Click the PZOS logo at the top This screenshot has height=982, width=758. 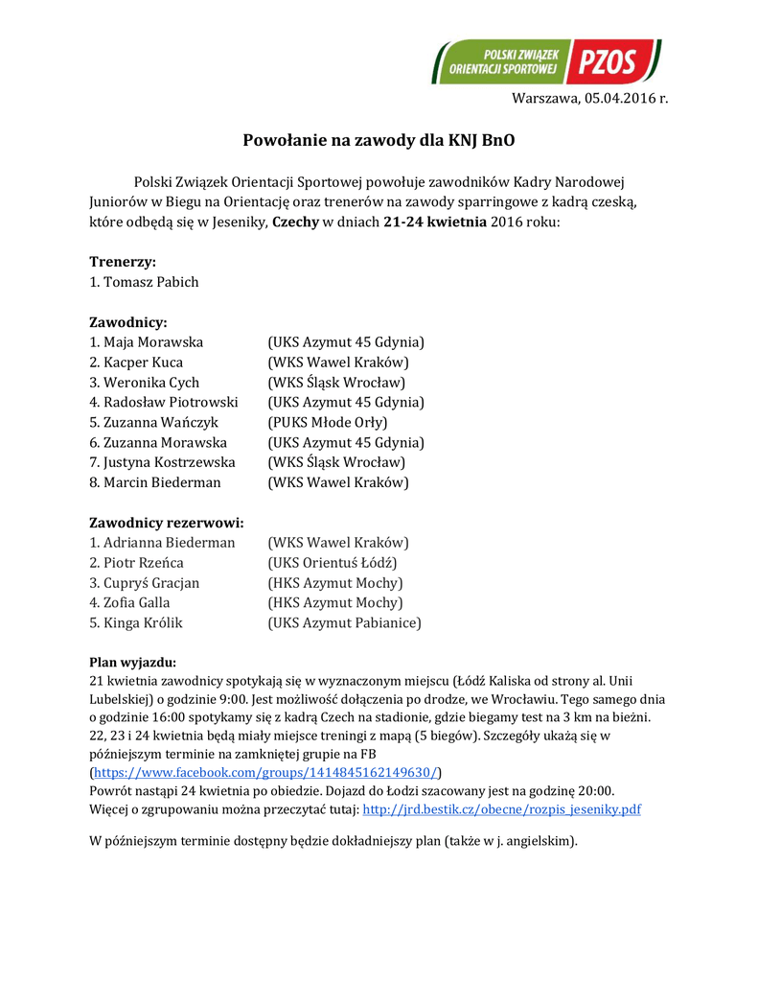point(546,62)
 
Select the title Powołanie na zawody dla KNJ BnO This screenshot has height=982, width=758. point(379,140)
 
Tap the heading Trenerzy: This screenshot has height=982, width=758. point(123,261)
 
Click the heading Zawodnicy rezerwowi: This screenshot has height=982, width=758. point(166,523)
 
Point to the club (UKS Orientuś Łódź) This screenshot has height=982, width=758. point(333,563)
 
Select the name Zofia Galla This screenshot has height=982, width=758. point(137,603)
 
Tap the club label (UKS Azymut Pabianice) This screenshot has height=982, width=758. point(344,623)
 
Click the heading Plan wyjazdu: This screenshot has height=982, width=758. point(132,663)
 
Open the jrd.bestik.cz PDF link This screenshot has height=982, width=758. point(501,809)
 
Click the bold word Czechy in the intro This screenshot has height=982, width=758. point(296,222)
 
